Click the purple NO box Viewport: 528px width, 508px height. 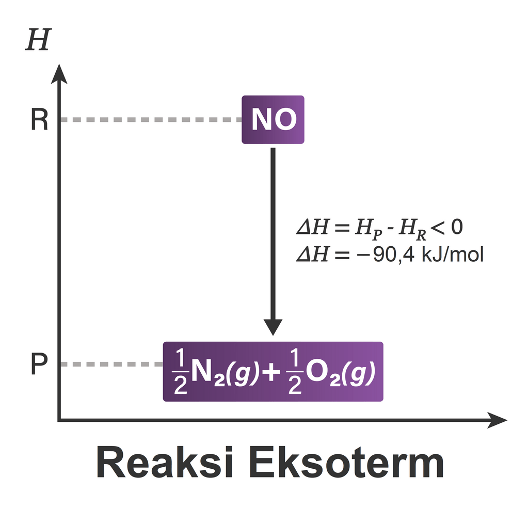(x=273, y=120)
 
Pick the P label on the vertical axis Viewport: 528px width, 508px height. (x=39, y=364)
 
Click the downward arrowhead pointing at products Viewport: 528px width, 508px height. (x=273, y=327)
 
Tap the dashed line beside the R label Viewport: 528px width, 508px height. (x=150, y=120)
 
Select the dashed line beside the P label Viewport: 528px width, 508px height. (x=110, y=364)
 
